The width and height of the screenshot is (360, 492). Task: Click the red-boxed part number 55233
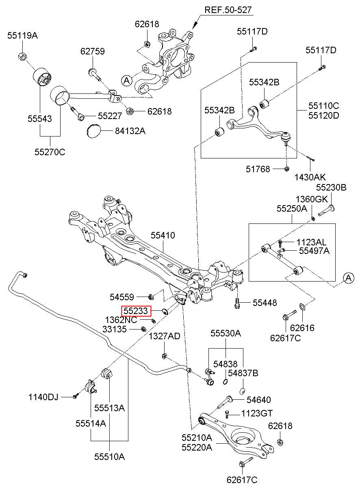tap(137, 311)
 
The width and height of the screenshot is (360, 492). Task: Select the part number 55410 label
tap(163, 235)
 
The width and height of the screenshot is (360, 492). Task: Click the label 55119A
tap(22, 36)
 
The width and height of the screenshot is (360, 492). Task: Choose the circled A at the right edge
tap(348, 278)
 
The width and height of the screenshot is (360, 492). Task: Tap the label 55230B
tap(331, 187)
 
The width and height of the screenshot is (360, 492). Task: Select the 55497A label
tap(314, 251)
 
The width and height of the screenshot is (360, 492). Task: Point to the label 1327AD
tap(164, 336)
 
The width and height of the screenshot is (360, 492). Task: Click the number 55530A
tap(226, 334)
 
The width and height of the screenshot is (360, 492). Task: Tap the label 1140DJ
tap(43, 397)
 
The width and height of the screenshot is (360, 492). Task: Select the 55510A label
tap(109, 457)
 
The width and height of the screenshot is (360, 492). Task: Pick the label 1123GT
tap(257, 414)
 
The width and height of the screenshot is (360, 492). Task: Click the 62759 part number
tap(92, 52)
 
